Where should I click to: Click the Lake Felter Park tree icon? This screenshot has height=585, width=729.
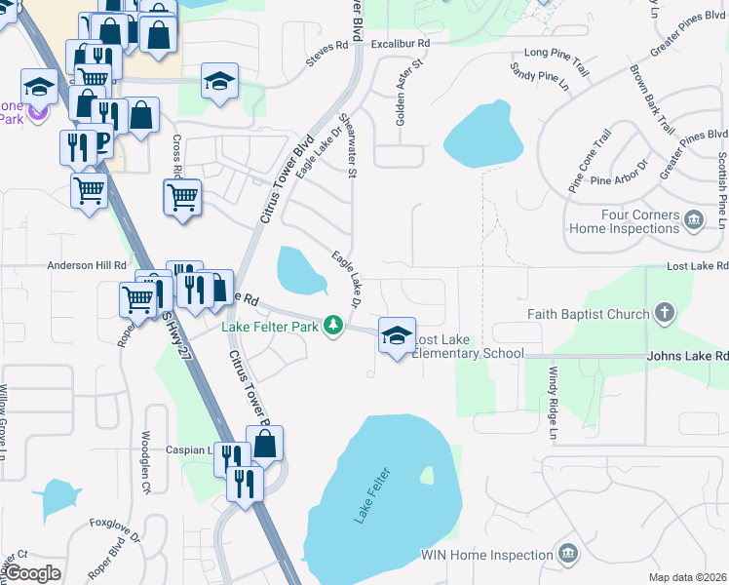(x=334, y=325)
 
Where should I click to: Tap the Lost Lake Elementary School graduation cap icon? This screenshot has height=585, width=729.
(x=397, y=336)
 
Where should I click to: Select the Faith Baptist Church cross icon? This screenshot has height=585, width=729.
(x=664, y=314)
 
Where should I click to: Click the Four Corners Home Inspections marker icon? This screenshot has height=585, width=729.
(x=694, y=220)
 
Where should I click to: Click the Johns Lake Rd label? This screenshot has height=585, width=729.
(x=687, y=358)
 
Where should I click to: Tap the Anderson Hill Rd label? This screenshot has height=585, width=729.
(x=88, y=265)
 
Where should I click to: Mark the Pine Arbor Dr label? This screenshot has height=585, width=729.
(x=620, y=179)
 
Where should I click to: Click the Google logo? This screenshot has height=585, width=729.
(x=32, y=573)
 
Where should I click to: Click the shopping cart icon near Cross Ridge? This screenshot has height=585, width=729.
(x=183, y=198)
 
